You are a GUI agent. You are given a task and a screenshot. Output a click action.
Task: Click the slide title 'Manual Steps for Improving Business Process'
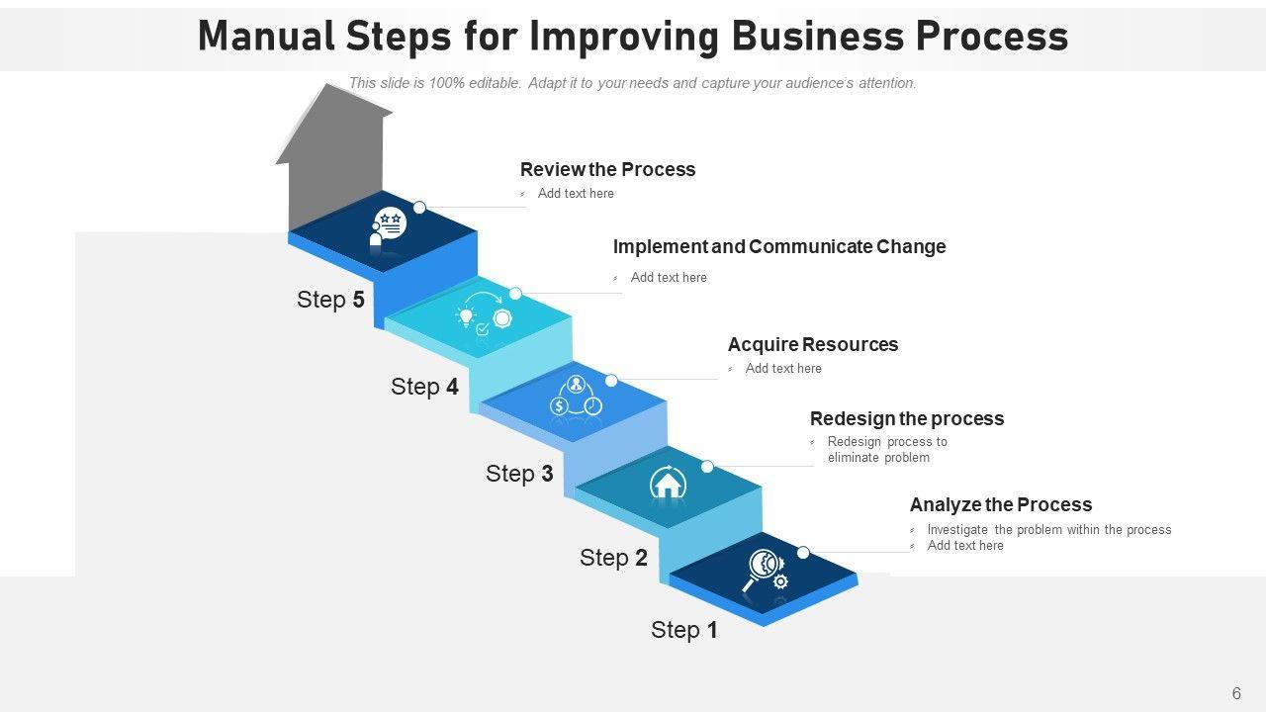click(633, 37)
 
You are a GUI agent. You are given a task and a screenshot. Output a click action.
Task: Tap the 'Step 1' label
click(684, 630)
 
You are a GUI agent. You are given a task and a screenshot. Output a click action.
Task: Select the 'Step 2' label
click(613, 558)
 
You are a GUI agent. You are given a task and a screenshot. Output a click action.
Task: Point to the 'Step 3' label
click(519, 474)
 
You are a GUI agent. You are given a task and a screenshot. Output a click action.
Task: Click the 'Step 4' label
click(424, 387)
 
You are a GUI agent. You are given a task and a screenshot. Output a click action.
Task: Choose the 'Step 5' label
click(330, 300)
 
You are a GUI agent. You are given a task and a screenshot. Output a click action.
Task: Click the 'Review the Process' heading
click(607, 169)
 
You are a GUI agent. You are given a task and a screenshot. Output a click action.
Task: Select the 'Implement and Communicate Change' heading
click(779, 246)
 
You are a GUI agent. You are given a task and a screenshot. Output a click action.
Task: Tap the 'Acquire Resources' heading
click(813, 344)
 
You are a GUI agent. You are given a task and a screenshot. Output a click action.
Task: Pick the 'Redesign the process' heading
click(907, 418)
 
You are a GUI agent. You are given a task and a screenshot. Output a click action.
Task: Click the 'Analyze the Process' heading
click(1001, 504)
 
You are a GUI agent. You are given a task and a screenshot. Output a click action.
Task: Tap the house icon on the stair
click(669, 484)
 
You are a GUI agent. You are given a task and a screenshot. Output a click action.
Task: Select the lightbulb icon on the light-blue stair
click(465, 316)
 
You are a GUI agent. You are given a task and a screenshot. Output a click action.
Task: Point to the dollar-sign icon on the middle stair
click(560, 405)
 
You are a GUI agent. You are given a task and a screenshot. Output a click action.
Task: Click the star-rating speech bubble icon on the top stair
click(389, 223)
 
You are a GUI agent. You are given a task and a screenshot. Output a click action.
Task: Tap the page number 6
click(1236, 693)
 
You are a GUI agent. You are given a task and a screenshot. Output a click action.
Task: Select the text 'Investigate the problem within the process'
click(1049, 530)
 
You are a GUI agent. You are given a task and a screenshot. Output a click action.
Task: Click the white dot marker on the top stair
click(419, 208)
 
